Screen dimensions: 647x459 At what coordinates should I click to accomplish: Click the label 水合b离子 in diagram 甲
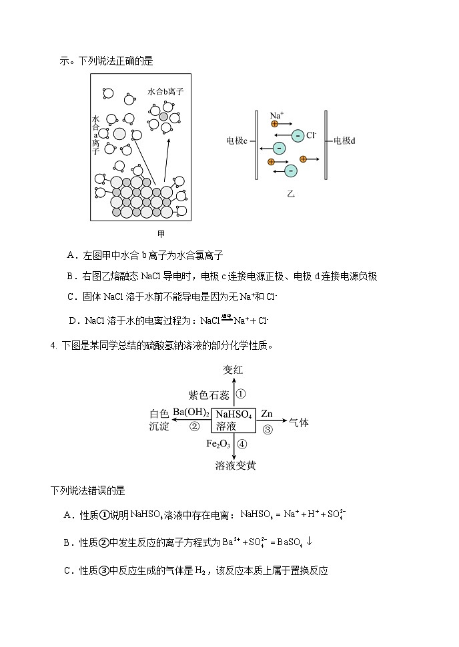(x=165, y=91)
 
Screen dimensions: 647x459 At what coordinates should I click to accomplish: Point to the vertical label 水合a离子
(x=95, y=135)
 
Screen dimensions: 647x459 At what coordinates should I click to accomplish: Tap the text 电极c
(x=237, y=141)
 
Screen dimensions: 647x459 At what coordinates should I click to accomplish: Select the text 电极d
(x=344, y=141)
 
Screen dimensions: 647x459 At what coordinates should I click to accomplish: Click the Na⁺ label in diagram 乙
(x=276, y=115)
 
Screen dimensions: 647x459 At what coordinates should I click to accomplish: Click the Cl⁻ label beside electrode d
(x=311, y=135)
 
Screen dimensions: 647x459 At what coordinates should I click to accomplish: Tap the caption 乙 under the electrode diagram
(x=290, y=193)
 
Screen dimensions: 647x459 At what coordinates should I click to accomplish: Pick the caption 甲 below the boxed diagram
(x=161, y=233)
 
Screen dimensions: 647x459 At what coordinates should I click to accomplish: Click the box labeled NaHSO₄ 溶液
(x=234, y=419)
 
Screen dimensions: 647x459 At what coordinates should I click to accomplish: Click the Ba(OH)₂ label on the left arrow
(x=191, y=412)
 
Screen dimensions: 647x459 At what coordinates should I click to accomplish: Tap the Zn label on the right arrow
(x=267, y=413)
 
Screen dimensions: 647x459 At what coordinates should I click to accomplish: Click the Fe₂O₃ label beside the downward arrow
(x=218, y=444)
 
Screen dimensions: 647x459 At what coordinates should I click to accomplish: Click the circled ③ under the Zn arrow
(x=268, y=429)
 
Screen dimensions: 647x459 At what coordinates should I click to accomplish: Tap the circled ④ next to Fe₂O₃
(x=242, y=444)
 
